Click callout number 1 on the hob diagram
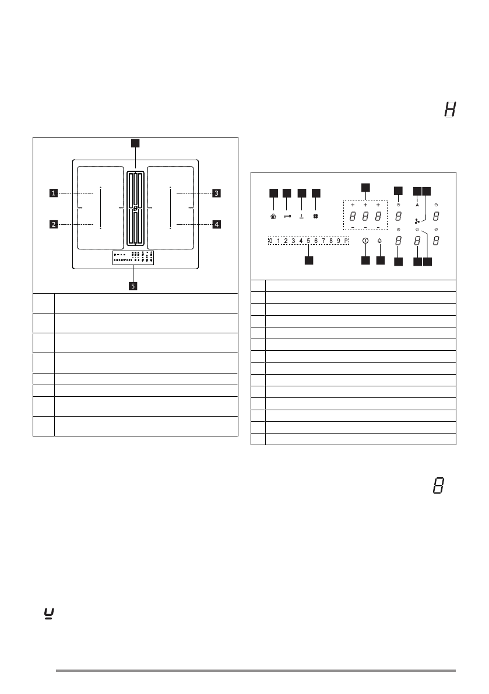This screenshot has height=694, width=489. tap(53, 192)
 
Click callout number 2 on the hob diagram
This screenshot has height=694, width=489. tap(53, 224)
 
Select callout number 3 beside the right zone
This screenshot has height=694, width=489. tap(216, 192)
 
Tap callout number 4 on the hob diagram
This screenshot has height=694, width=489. tap(216, 224)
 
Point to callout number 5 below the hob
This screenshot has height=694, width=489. tap(133, 286)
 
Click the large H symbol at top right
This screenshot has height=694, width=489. tap(449, 110)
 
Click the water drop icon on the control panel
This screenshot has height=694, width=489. tap(381, 241)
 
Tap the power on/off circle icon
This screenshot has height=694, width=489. tap(365, 241)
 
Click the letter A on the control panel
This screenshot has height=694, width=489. tap(417, 205)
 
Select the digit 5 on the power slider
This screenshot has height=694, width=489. tap(308, 240)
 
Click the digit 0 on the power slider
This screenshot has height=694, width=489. tap(270, 240)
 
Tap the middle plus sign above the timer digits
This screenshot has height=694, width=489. tap(365, 205)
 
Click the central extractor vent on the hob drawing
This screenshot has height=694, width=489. tap(135, 208)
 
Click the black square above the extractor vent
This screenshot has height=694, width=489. tap(135, 142)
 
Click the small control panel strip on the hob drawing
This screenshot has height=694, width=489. tap(133, 258)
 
